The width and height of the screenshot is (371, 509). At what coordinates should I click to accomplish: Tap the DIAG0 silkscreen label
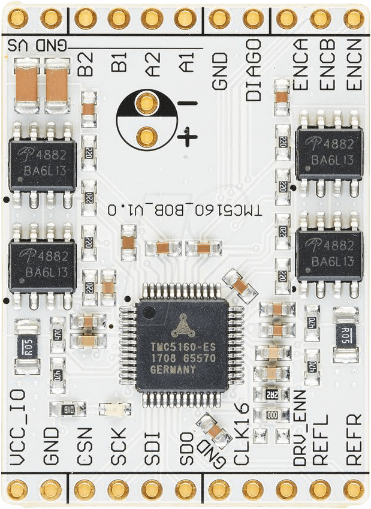[x=254, y=69]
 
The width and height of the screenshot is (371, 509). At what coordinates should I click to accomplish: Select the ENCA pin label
[x=301, y=64]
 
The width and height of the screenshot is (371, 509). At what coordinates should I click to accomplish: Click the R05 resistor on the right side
[x=345, y=335]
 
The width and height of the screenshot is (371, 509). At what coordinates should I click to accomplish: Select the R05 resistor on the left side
[x=26, y=347]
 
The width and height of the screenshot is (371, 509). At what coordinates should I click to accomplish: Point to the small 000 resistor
[x=272, y=414]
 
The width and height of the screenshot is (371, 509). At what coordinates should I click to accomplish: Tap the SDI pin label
[x=152, y=448]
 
